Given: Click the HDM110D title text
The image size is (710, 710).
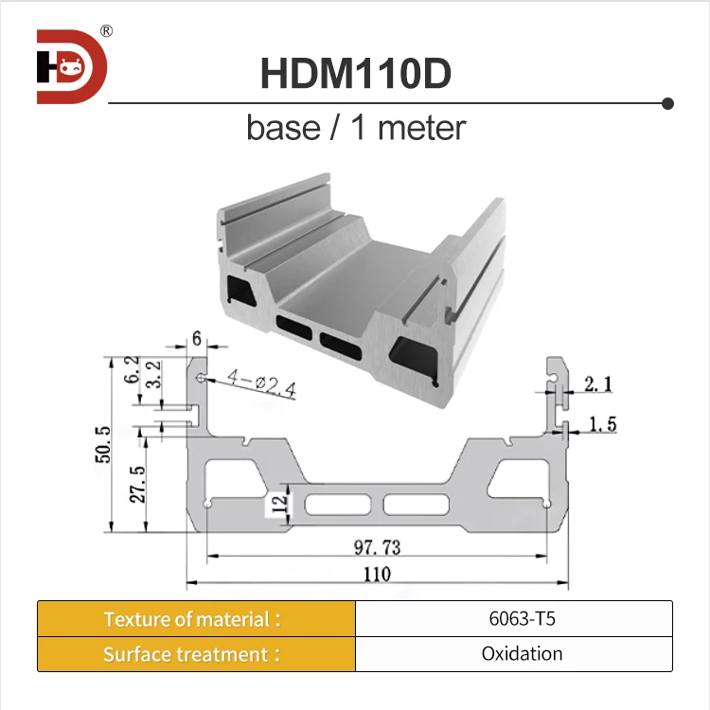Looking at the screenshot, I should [355, 75].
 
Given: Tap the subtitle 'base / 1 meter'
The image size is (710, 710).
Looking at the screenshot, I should [356, 127].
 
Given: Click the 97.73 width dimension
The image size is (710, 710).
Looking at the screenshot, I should [376, 546].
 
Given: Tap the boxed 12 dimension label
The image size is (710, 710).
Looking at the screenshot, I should [275, 500].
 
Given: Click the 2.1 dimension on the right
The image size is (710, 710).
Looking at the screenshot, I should [597, 383].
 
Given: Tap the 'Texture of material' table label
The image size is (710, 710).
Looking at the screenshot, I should [193, 619].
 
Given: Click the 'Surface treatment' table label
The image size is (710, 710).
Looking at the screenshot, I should [193, 654].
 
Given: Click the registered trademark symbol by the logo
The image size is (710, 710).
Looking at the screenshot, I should [107, 30].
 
